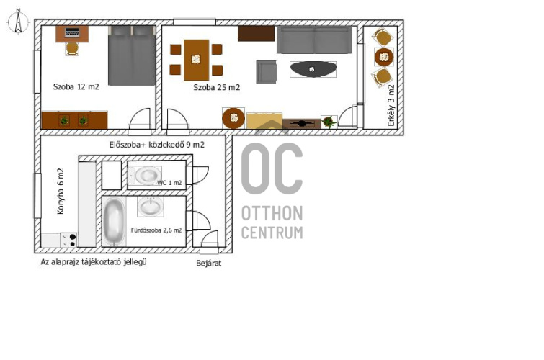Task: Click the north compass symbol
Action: click(18, 22)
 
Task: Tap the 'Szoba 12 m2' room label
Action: click(76, 86)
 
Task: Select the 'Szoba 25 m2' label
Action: click(216, 87)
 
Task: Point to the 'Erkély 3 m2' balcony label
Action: click(391, 105)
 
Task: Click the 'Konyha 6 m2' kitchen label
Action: click(61, 191)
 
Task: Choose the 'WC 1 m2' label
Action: click(169, 183)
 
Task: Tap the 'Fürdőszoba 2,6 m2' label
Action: click(156, 230)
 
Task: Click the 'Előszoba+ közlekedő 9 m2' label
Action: click(157, 145)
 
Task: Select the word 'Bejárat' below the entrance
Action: click(208, 264)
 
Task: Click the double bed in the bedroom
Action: click(132, 55)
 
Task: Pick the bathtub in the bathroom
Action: click(114, 221)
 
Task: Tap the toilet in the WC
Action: click(144, 176)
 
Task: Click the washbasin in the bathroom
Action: click(150, 207)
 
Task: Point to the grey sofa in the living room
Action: click(314, 40)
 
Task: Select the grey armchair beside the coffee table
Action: click(267, 72)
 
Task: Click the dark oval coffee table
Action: click(313, 69)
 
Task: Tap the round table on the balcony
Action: click(384, 57)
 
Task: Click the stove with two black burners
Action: click(68, 240)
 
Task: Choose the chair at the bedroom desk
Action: click(72, 48)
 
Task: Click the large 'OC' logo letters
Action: click(272, 168)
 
